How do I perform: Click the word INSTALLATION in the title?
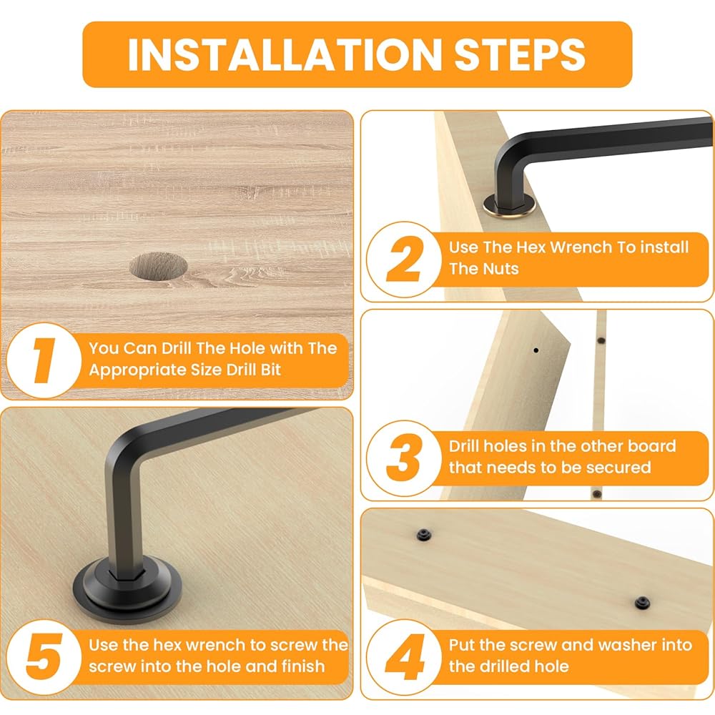(x=285, y=55)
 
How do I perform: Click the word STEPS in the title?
(x=519, y=55)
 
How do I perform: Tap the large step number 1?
(x=44, y=360)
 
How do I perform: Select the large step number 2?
(x=404, y=259)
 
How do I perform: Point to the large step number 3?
(x=403, y=458)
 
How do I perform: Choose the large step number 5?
(x=44, y=656)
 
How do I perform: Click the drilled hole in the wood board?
(x=158, y=266)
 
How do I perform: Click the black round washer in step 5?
(x=127, y=588)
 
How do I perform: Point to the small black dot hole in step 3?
(x=536, y=350)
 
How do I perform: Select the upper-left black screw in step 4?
(x=424, y=535)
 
